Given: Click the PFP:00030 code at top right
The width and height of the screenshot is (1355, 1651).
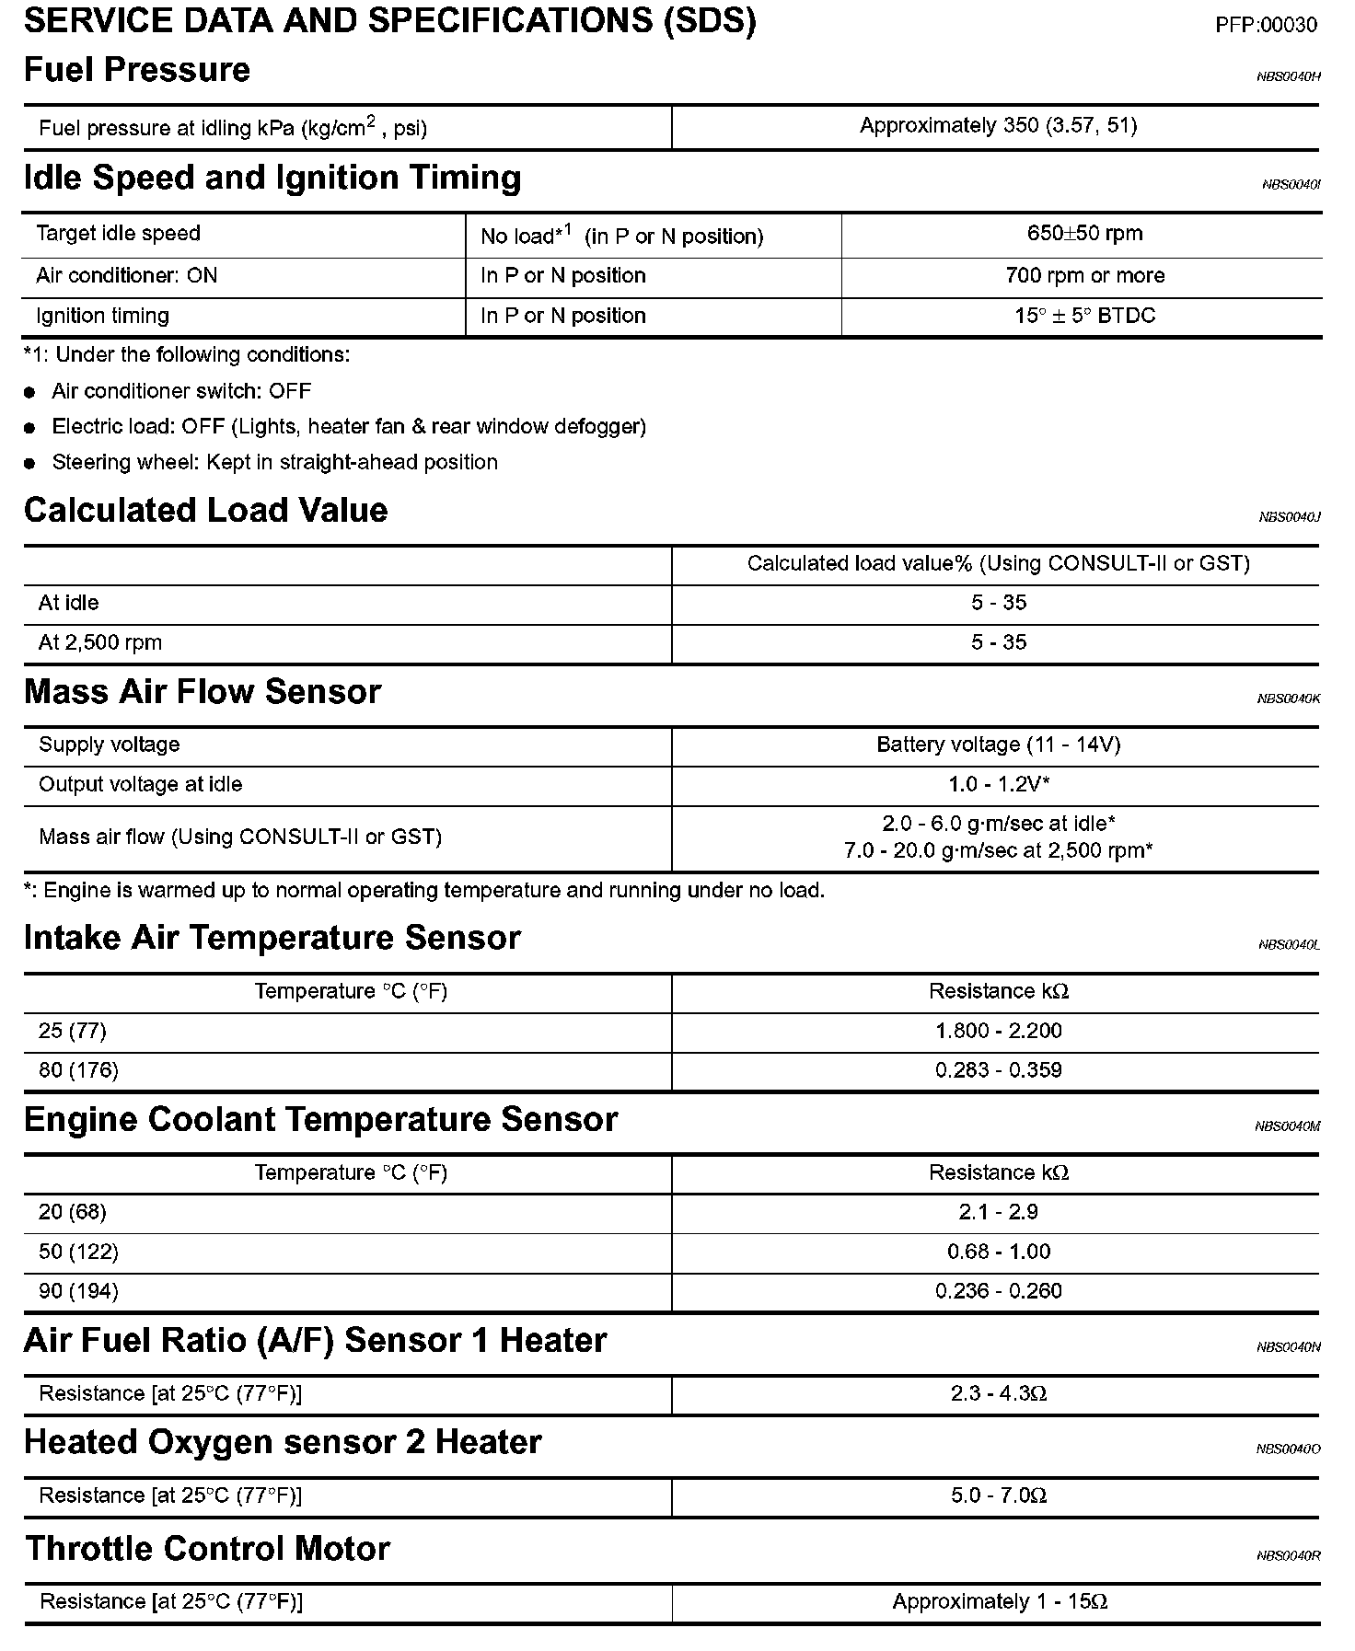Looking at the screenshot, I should [1266, 26].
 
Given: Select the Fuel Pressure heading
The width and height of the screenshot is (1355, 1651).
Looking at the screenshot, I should [137, 70].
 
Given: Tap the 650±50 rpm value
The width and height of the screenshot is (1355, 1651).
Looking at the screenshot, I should [1084, 234].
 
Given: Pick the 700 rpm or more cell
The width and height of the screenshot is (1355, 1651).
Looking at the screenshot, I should [1084, 276].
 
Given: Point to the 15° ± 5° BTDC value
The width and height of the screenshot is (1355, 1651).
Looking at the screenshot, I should [1084, 317].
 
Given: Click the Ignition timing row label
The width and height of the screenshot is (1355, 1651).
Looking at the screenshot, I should [102, 317].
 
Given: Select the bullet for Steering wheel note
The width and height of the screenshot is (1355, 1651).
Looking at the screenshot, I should [30, 464].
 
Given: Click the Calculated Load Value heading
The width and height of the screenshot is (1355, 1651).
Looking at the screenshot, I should [205, 511].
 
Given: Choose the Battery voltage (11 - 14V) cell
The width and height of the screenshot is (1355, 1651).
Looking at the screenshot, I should [998, 745].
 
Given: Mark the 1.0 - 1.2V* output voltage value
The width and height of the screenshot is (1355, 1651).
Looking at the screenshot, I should [999, 785].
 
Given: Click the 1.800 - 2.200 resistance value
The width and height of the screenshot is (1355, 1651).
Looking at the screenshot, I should [998, 1031].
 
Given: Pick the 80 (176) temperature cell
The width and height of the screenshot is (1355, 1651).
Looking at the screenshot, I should [78, 1070].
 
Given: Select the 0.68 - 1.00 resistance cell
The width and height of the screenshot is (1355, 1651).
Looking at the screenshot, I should [998, 1252].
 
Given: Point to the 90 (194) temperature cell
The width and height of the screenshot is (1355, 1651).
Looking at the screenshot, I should [78, 1292].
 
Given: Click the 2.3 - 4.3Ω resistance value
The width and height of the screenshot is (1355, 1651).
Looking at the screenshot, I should [998, 1394].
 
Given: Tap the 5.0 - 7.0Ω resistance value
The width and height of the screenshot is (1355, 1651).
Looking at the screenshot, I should [998, 1495].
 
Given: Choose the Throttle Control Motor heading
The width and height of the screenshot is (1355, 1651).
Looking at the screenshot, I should [207, 1549].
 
